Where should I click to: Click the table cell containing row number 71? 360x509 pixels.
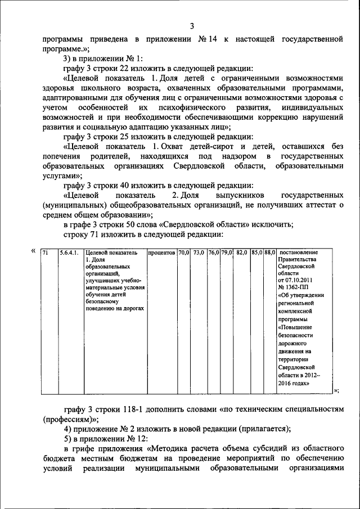(x=46, y=253)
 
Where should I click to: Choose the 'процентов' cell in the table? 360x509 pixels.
(x=162, y=253)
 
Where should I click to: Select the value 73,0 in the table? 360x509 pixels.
(x=199, y=253)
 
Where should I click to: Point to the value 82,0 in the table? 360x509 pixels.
(x=242, y=253)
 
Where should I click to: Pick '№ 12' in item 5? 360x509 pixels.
(x=128, y=438)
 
